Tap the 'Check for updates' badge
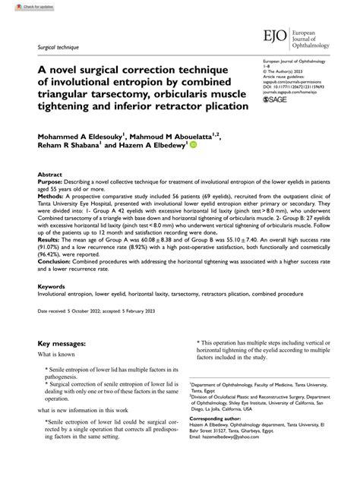tap(21, 6)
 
